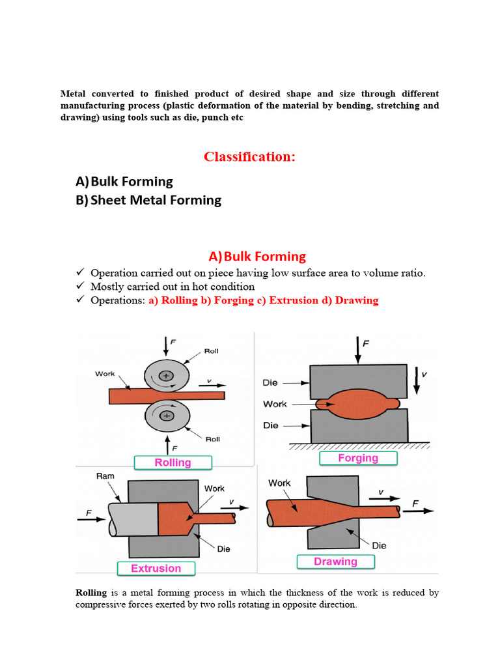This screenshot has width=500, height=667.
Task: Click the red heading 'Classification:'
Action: (x=249, y=156)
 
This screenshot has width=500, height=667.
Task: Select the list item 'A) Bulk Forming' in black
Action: (x=124, y=181)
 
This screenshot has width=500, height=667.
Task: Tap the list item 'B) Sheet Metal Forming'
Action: (x=148, y=200)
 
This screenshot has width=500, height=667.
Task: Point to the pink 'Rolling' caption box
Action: (x=173, y=462)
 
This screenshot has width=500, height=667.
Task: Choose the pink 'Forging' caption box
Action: (x=357, y=458)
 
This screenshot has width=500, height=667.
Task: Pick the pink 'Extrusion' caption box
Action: (x=156, y=568)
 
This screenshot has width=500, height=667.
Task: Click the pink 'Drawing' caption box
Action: (x=335, y=561)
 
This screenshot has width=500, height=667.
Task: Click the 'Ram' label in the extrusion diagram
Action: (x=105, y=476)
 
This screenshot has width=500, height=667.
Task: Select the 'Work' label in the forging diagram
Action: (x=275, y=404)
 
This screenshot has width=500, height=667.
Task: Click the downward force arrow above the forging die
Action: (x=357, y=350)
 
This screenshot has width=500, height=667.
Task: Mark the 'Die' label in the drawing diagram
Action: (x=379, y=545)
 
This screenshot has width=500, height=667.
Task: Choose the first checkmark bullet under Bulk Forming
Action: (x=81, y=273)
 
